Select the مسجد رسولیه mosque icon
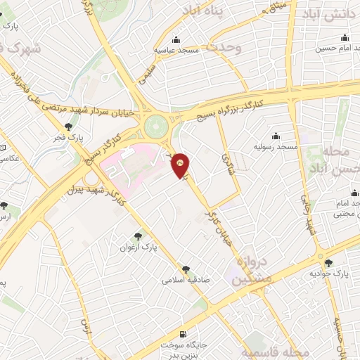[274, 136]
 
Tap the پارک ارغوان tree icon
[138, 237]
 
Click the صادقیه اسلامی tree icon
[186, 268]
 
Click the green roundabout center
[156, 127]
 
